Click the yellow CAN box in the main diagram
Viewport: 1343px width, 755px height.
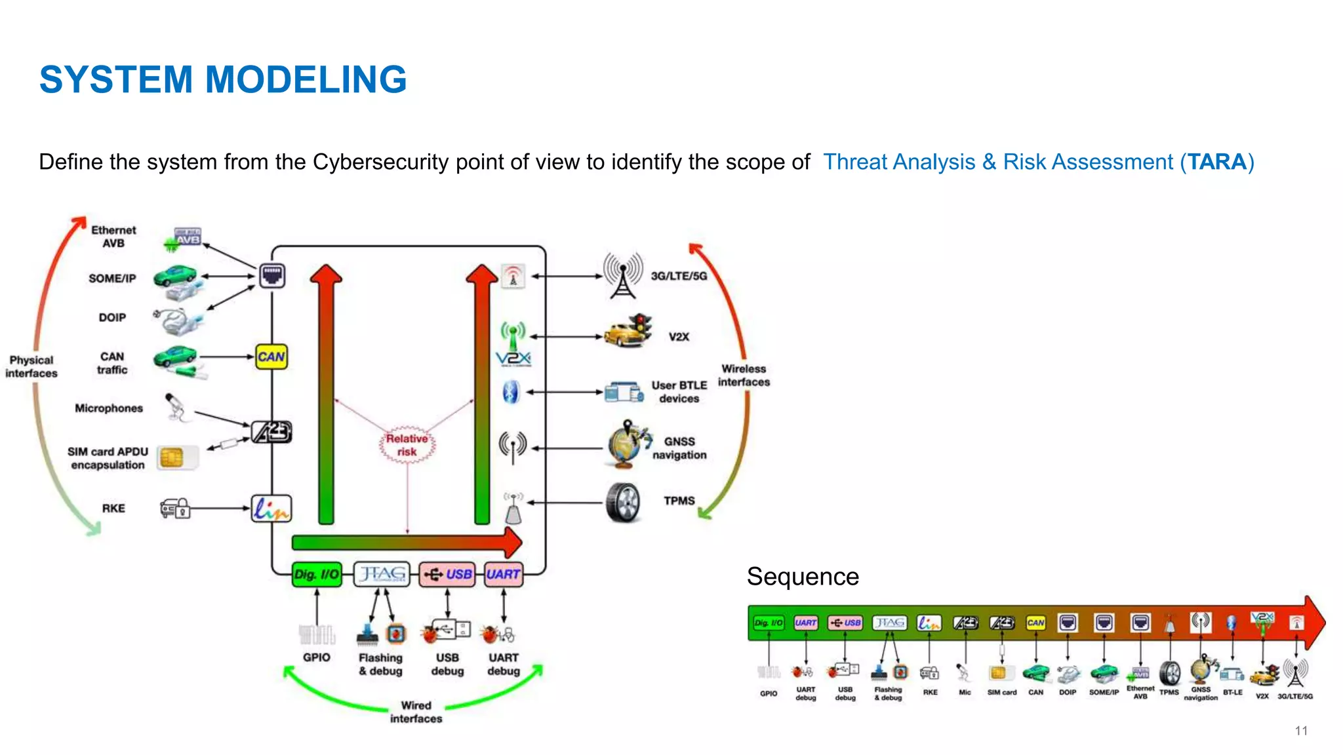click(271, 357)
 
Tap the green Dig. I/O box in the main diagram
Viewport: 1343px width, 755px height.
click(317, 574)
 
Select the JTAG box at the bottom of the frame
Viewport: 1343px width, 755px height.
click(382, 574)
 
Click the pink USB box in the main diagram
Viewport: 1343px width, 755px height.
click(447, 574)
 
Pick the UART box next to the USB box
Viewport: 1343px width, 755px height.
click(503, 574)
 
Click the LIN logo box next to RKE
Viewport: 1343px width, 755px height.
click(271, 509)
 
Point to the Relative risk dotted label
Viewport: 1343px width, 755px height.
click(407, 445)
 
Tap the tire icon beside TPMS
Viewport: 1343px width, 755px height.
click(623, 503)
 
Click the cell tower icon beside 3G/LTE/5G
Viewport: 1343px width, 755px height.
click(623, 275)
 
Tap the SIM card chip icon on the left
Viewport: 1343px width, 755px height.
click(172, 457)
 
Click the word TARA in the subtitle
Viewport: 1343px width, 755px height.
click(1216, 162)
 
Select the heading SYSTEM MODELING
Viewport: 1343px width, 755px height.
click(223, 79)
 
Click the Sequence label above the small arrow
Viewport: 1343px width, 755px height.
click(802, 576)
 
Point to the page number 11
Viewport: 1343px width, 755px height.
click(1301, 731)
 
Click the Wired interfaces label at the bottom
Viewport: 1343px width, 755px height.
click(416, 712)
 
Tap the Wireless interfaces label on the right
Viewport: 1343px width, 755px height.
click(744, 376)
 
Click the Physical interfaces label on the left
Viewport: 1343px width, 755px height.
click(31, 366)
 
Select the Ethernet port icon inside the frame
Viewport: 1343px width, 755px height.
click(271, 275)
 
